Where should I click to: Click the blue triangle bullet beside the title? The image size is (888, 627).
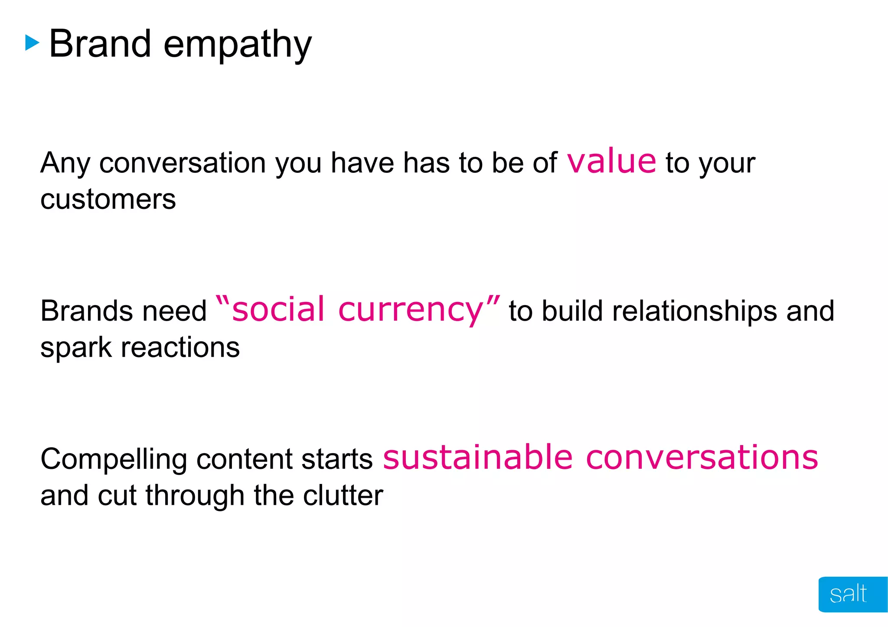pyautogui.click(x=32, y=43)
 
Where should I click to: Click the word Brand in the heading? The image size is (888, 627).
pyautogui.click(x=100, y=44)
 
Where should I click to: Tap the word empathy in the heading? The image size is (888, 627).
pyautogui.click(x=237, y=45)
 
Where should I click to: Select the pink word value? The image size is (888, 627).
pyautogui.click(x=611, y=161)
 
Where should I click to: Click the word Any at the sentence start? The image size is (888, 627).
pyautogui.click(x=65, y=164)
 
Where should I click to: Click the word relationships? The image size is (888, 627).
pyautogui.click(x=694, y=311)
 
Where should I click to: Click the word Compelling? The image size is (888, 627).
pyautogui.click(x=114, y=459)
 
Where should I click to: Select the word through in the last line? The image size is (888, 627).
pyautogui.click(x=195, y=496)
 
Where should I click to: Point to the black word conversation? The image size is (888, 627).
pyautogui.click(x=183, y=163)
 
